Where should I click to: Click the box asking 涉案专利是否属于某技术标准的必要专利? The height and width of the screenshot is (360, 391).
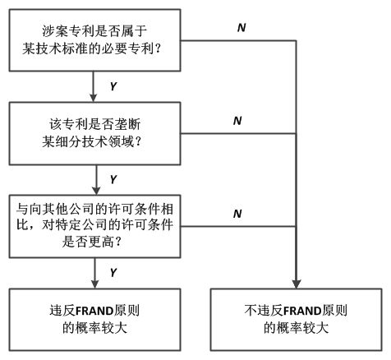[94, 40]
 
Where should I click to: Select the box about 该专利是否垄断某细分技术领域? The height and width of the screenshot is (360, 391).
[94, 133]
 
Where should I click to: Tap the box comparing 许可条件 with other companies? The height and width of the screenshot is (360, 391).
[94, 226]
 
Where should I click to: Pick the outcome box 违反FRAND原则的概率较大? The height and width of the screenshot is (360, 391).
[94, 320]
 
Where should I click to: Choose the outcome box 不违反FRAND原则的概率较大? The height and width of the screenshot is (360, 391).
[296, 320]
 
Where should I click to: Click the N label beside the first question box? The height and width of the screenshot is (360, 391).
[241, 28]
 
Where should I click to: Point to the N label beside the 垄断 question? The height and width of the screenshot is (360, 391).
[237, 121]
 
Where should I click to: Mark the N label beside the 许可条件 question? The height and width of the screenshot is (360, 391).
[237, 214]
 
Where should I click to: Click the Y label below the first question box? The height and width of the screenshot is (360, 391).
[113, 86]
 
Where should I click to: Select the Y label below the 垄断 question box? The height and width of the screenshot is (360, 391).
[113, 180]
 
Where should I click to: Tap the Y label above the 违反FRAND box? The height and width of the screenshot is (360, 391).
[113, 273]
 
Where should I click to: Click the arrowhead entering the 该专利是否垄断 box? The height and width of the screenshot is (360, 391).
[94, 98]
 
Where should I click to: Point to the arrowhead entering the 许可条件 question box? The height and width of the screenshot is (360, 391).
[96, 191]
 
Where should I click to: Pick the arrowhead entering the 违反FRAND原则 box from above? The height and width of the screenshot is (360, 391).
[94, 284]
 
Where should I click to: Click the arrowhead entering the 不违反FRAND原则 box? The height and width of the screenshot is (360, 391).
[297, 284]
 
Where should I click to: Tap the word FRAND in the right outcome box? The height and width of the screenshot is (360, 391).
[302, 312]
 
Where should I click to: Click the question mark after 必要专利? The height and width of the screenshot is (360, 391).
[158, 48]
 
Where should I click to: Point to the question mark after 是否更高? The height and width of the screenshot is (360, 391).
[118, 242]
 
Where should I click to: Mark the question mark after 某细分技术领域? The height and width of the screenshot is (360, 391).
[138, 141]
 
